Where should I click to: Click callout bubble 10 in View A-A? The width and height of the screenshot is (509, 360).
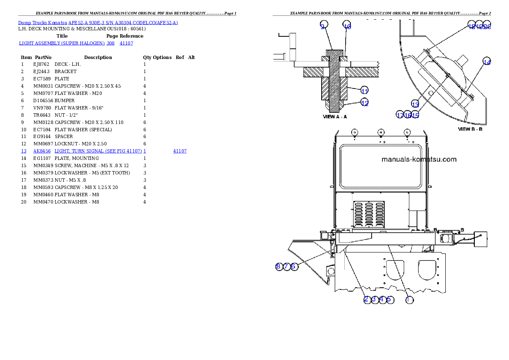[347, 27]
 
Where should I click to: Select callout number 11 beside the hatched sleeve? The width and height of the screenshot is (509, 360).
[364, 91]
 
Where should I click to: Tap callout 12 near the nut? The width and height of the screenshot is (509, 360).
[364, 103]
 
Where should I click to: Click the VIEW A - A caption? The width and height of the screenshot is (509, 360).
[335, 116]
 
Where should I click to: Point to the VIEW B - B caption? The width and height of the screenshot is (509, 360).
[470, 129]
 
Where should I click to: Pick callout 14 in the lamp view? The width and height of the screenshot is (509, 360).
[487, 62]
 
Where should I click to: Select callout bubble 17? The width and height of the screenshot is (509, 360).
[400, 115]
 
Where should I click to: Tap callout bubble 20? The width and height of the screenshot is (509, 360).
[487, 26]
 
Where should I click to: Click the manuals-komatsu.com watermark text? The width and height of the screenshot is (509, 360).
[419, 159]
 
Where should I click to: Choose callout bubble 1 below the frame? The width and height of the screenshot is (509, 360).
[409, 300]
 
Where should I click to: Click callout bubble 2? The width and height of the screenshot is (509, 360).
[367, 299]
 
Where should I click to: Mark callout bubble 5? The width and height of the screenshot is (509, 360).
[389, 299]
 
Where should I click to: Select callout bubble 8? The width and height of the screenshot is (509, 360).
[279, 266]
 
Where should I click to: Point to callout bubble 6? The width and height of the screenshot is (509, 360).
[293, 266]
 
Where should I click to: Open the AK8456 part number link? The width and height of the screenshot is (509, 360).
[42, 151]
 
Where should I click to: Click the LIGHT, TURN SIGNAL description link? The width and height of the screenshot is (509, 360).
[98, 151]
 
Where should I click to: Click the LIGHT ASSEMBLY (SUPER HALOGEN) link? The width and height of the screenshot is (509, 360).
[62, 43]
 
